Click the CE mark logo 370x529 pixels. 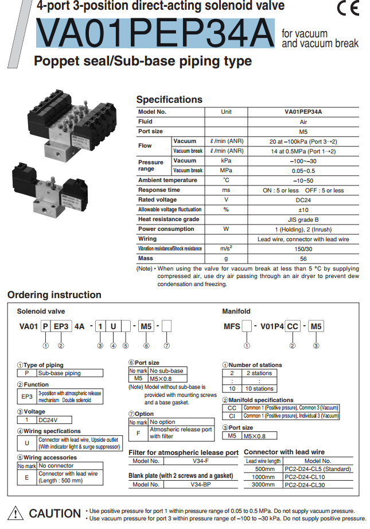coord(348,10)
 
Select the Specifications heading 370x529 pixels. coord(169,99)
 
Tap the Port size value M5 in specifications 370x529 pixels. coord(303,132)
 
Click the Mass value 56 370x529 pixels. coord(303,258)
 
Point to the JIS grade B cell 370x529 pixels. coord(303,219)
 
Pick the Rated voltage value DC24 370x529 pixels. coord(303,200)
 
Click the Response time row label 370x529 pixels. coord(159,190)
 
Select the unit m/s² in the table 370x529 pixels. coord(226,249)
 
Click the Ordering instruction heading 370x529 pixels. coord(54,295)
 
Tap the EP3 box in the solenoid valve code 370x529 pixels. coord(61,327)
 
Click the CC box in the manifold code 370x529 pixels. coord(293,327)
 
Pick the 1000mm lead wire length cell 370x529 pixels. coord(263,477)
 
